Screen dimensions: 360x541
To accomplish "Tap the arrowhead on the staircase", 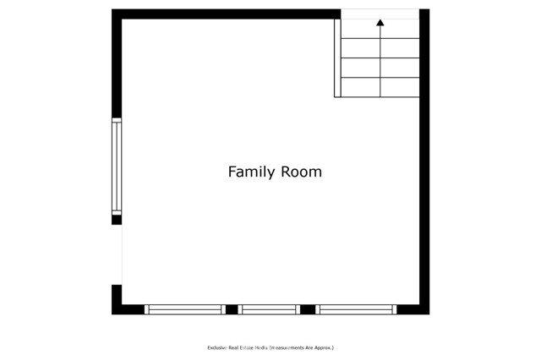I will (x=380, y=24).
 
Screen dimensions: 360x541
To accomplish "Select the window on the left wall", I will (x=117, y=166).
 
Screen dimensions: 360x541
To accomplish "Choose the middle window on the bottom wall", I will (x=269, y=309).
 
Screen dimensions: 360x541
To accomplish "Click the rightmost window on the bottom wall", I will (x=356, y=309).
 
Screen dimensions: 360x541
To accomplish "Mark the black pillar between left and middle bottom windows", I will (x=231, y=309).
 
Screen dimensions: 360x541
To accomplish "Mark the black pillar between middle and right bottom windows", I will (x=308, y=309).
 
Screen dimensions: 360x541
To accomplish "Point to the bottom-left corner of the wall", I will (x=117, y=309).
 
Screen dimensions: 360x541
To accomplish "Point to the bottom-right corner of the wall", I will (x=424, y=309).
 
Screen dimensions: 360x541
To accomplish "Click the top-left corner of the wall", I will (x=117, y=14).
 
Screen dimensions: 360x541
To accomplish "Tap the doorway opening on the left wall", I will (x=117, y=254).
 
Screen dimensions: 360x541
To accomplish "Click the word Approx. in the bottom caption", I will (x=324, y=347).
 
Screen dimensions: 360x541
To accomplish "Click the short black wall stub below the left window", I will (x=117, y=220).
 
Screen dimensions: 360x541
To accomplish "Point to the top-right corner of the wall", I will (x=424, y=14).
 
